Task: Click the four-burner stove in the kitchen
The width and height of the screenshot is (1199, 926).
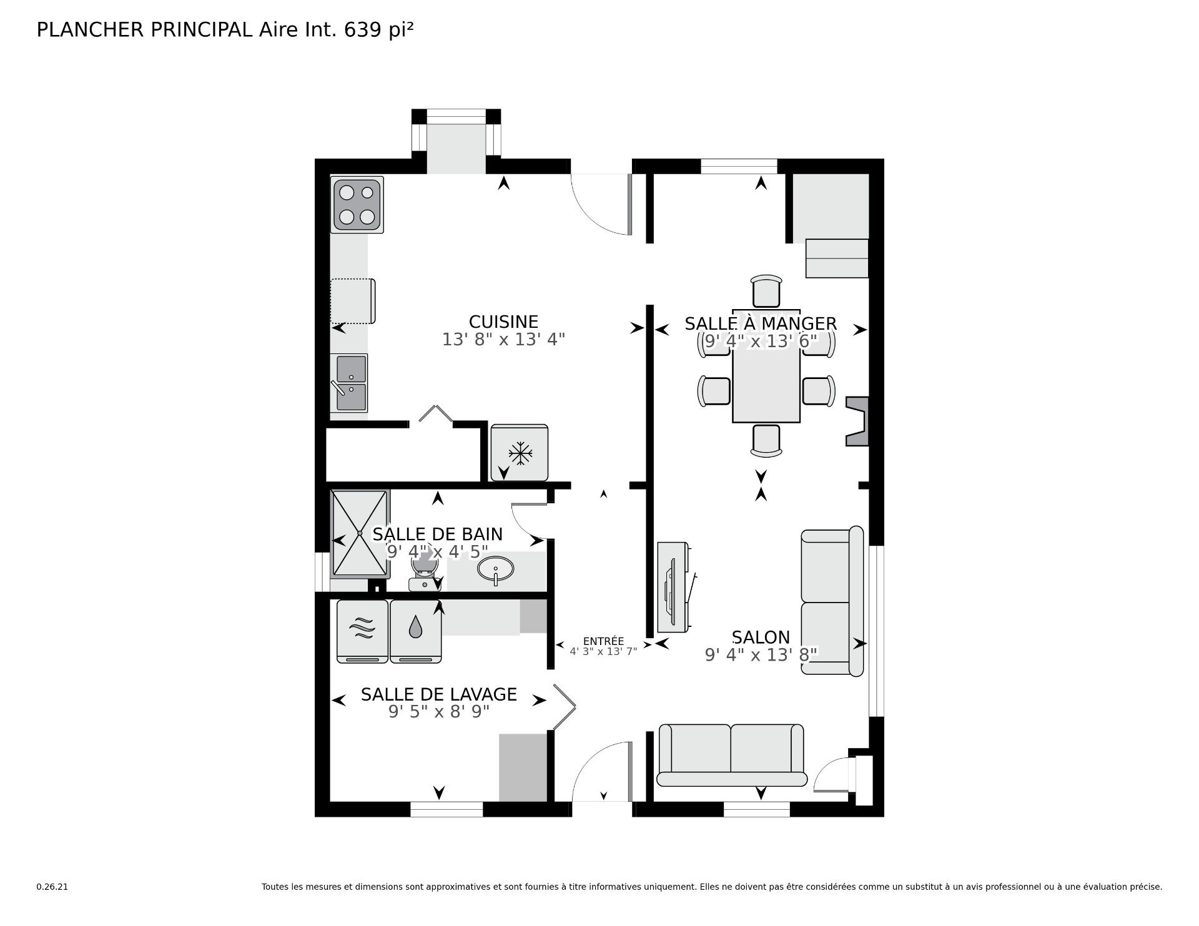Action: coord(357,205)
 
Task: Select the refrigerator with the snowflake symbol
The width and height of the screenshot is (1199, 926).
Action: coord(520,453)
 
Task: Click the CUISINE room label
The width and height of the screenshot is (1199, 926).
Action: coord(503,322)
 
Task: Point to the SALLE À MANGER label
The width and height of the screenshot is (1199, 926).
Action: coord(761,323)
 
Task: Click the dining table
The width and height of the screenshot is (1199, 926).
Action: coord(766,366)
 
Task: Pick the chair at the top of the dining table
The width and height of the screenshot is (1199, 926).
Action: coord(767,291)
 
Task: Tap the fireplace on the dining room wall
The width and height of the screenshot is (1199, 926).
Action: coord(857,421)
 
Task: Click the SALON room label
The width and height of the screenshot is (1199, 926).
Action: coord(761,637)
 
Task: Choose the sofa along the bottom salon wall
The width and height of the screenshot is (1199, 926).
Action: coord(731,755)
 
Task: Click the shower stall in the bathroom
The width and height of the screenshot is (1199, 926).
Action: coord(360,533)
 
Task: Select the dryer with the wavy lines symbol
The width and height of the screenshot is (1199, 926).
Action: coord(362,631)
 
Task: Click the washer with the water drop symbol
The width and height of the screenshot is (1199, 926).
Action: coord(416,631)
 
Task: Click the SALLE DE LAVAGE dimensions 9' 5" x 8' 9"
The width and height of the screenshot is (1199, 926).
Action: coord(438,712)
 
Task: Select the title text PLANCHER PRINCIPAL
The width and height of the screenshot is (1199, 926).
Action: coord(145,29)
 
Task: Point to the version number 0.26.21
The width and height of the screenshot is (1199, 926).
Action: coord(52,887)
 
